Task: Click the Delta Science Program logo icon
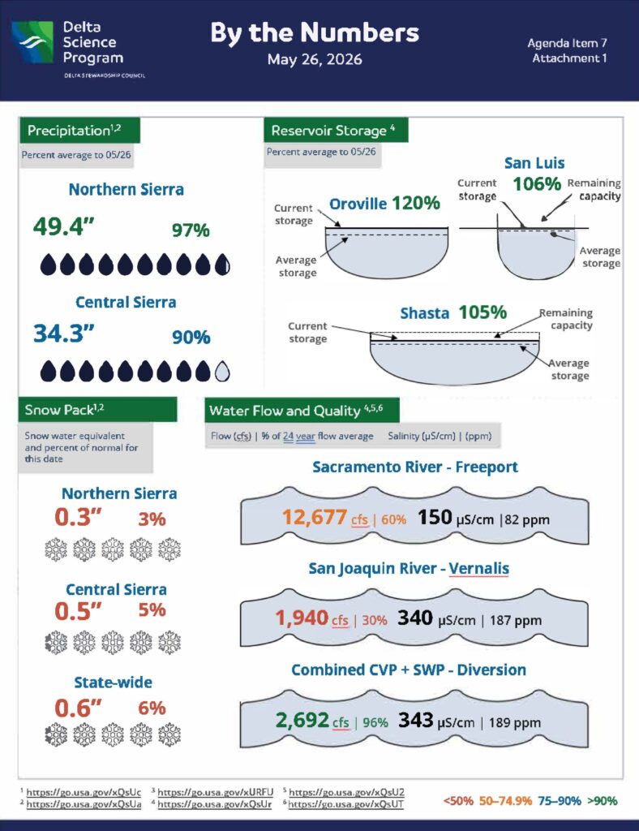32,42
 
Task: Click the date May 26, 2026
315,58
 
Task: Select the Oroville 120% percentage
415,202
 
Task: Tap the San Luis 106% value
537,184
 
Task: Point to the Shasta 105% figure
482,312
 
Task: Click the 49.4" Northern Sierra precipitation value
63,227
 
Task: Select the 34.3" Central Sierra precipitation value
63,334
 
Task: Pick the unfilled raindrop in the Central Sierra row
222,372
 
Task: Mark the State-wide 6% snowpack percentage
152,708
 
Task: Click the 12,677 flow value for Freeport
315,517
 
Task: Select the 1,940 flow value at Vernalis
302,618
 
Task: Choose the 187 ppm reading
516,620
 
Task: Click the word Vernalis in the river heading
478,568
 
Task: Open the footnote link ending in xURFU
216,792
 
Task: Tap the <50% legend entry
458,800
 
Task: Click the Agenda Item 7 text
567,43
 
